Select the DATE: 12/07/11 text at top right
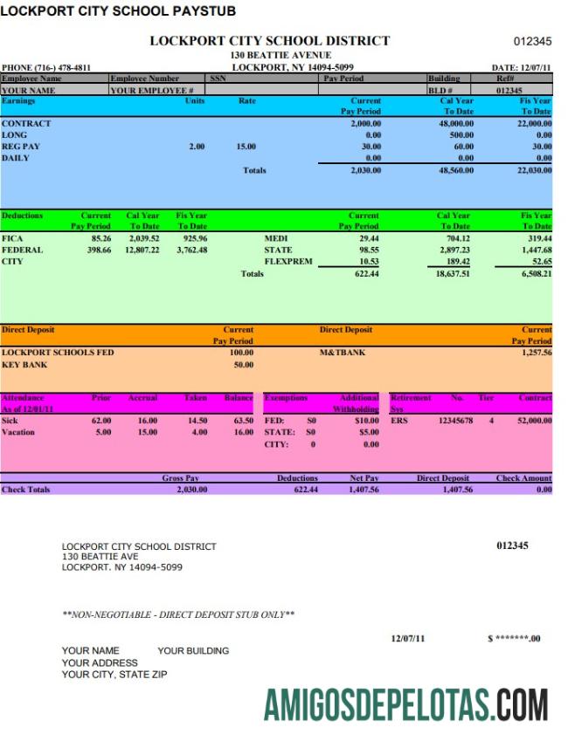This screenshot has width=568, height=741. (522, 67)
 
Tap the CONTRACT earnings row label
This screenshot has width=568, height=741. (26, 124)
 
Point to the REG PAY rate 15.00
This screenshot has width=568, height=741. (246, 147)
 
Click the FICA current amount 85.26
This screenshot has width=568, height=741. (100, 237)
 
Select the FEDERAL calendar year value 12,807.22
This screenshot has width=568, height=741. (142, 250)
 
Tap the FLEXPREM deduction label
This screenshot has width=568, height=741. (287, 261)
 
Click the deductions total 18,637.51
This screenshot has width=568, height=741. (453, 273)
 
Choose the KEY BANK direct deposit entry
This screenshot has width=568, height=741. (24, 365)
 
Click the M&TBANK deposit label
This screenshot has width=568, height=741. (343, 353)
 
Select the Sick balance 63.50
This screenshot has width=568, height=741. (238, 421)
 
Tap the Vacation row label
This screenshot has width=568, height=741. (18, 432)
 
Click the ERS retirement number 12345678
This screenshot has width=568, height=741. (455, 421)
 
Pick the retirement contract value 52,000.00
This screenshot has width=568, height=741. (534, 421)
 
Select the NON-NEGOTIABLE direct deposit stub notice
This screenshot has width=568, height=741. (178, 614)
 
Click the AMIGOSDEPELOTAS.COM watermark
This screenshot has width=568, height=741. (405, 703)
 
